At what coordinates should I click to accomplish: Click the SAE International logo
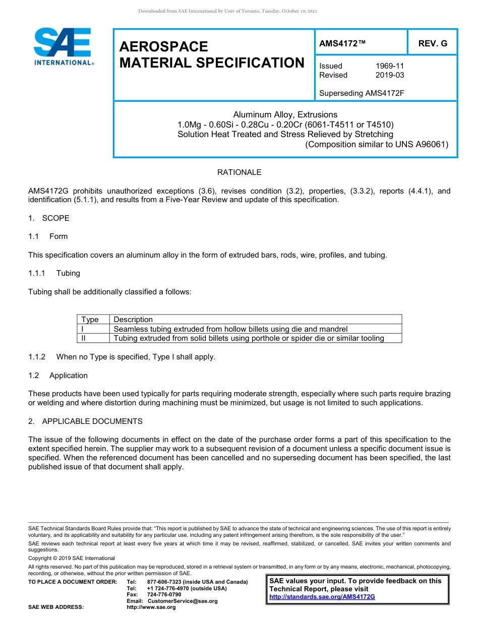[x=63, y=46]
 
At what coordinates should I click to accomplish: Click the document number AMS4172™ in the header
[x=342, y=43]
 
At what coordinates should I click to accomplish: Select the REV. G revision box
[x=433, y=43]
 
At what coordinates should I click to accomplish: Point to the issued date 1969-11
[x=390, y=66]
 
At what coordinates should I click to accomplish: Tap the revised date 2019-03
[x=390, y=75]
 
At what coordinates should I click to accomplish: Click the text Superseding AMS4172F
[x=362, y=93]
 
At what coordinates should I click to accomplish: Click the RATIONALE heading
[x=239, y=172]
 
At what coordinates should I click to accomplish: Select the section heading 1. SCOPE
[x=49, y=218]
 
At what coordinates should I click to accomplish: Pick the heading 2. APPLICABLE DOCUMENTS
[x=85, y=421]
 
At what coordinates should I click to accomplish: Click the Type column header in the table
[x=90, y=320]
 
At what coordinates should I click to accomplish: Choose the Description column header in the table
[x=133, y=320]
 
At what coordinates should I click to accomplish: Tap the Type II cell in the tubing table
[x=84, y=338]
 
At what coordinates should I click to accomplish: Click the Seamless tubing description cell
[x=230, y=329]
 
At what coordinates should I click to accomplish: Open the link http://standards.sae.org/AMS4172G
[x=322, y=597]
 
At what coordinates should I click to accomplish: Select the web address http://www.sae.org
[x=151, y=607]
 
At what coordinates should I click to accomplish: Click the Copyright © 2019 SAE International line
[x=72, y=558]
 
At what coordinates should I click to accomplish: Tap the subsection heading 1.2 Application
[x=58, y=376]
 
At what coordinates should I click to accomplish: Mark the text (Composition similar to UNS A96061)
[x=377, y=144]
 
